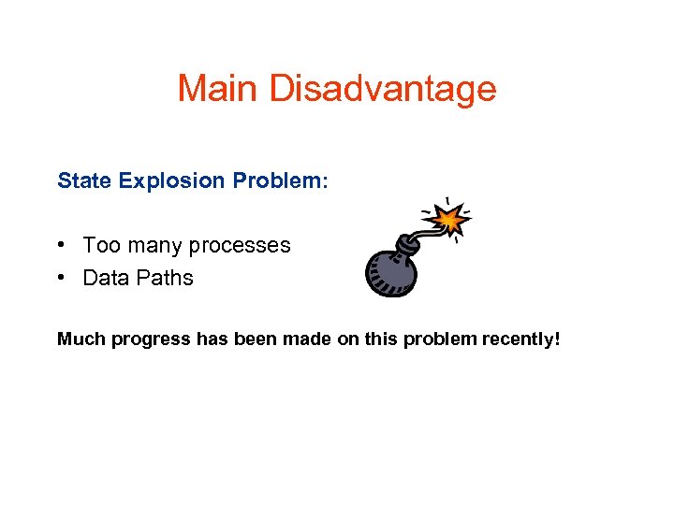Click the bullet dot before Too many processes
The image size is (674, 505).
tap(61, 246)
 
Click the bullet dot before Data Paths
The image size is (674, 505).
tap(61, 278)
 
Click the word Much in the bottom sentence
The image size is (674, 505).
tap(81, 339)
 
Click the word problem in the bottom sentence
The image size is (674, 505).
tap(437, 339)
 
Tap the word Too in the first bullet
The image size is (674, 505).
tap(98, 246)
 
